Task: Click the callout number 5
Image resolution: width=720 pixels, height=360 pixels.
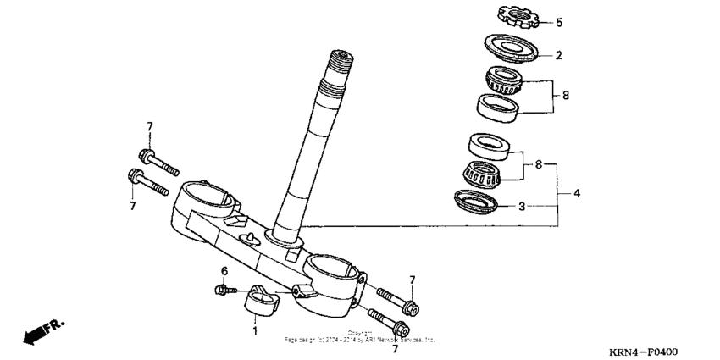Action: [558, 23]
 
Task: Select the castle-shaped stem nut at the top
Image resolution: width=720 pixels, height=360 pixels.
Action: [513, 16]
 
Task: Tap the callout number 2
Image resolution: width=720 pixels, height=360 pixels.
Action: [558, 56]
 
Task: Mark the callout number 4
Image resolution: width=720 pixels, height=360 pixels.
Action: [576, 194]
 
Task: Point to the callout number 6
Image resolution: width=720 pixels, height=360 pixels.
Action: [224, 271]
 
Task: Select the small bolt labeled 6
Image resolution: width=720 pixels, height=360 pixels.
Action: [224, 290]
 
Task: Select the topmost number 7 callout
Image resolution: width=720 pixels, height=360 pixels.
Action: [149, 127]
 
